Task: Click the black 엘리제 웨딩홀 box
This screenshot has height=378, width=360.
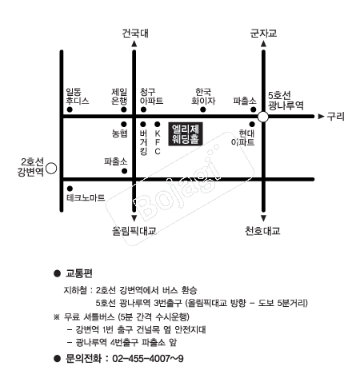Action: [x=186, y=134]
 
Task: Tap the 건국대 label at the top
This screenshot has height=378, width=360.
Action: [x=135, y=34]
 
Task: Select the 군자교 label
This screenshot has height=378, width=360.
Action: [x=263, y=34]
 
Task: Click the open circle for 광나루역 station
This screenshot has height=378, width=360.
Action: [x=263, y=117]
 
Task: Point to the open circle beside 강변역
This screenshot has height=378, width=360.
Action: [x=51, y=169]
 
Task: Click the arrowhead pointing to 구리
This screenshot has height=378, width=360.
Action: [x=321, y=117]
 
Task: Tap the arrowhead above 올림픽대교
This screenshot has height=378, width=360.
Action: [x=134, y=218]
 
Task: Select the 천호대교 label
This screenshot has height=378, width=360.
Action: [x=262, y=231]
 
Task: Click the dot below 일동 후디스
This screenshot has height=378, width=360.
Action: [x=70, y=109]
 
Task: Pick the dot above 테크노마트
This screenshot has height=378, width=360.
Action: [x=70, y=189]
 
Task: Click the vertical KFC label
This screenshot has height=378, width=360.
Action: [x=158, y=142]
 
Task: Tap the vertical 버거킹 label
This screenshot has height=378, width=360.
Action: [x=143, y=142]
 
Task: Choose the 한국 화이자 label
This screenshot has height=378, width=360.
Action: [x=203, y=97]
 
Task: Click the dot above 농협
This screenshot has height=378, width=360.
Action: [x=124, y=124]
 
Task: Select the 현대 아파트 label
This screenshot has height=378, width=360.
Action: [x=242, y=137]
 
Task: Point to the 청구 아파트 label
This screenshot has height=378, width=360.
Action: [x=151, y=97]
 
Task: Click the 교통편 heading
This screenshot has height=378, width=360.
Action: [x=79, y=273]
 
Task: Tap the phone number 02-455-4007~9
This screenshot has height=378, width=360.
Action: [x=148, y=359]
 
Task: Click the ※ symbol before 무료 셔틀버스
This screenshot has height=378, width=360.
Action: [x=57, y=317]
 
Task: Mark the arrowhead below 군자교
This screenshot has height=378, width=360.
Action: [x=263, y=44]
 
